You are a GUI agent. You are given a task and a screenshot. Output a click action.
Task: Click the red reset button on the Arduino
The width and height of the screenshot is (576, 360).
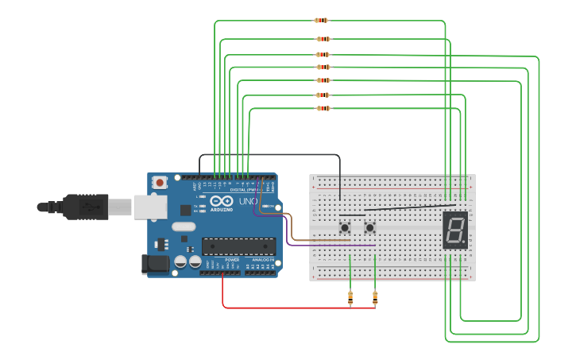160,183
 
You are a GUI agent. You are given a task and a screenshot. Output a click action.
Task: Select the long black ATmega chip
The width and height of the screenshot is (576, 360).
238,246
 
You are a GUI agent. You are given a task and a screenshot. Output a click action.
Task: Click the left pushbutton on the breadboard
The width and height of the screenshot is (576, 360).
346,228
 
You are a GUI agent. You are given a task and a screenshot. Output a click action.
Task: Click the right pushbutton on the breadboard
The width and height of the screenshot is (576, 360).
369,228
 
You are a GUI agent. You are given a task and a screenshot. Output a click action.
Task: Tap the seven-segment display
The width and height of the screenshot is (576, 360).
454,231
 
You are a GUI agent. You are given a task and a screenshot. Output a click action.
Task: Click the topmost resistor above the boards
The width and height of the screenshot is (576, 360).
321,21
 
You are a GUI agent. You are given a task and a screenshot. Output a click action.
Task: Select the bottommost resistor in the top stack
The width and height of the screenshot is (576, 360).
323,107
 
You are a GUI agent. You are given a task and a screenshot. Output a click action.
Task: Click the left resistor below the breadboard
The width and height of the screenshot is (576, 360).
350,298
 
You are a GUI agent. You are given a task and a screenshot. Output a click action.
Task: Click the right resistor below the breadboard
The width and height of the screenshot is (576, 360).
375,298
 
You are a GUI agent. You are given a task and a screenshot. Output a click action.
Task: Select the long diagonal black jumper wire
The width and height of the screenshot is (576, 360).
409,207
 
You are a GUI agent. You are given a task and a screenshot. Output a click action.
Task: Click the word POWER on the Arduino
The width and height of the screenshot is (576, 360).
232,260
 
